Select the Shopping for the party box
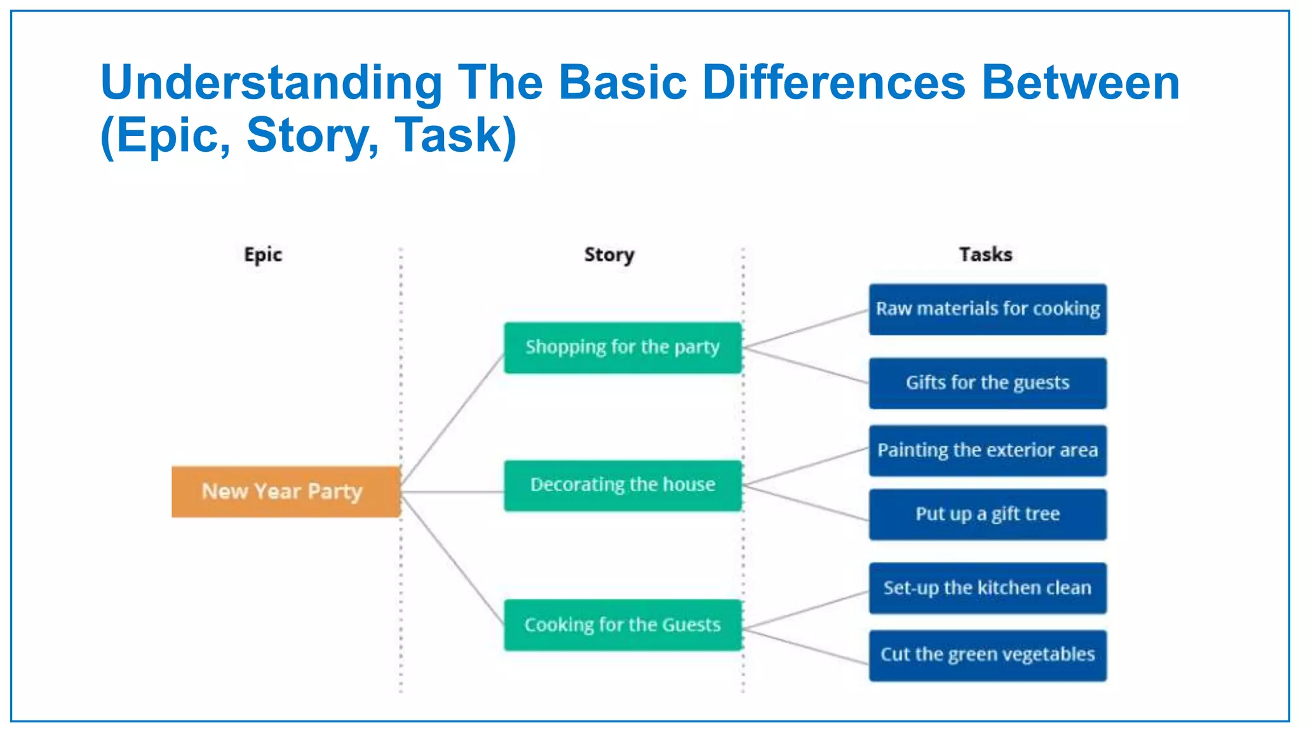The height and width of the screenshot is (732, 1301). coord(623,348)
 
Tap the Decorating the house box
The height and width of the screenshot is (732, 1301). coord(623,485)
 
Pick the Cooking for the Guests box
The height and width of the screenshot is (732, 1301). coord(623,625)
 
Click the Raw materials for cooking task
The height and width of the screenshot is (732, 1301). coord(988,309)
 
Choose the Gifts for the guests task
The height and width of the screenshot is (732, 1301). coord(988,383)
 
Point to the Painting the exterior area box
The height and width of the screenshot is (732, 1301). coord(988,451)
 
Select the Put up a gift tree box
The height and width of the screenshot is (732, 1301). coord(988,514)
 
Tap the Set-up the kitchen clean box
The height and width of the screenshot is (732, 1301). coord(988,588)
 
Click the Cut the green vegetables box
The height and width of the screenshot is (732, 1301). coord(988,655)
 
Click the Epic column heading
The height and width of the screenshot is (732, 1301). coord(263,255)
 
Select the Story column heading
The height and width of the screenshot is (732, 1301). coord(609,255)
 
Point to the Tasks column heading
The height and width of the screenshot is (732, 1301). coord(985,254)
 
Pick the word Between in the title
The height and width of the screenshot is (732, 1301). coord(1081,83)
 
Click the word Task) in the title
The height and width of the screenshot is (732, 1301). coord(455,135)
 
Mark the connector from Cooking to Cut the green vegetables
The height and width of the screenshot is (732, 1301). coord(806,646)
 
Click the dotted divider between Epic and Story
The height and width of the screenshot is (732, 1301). coord(401,381)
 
